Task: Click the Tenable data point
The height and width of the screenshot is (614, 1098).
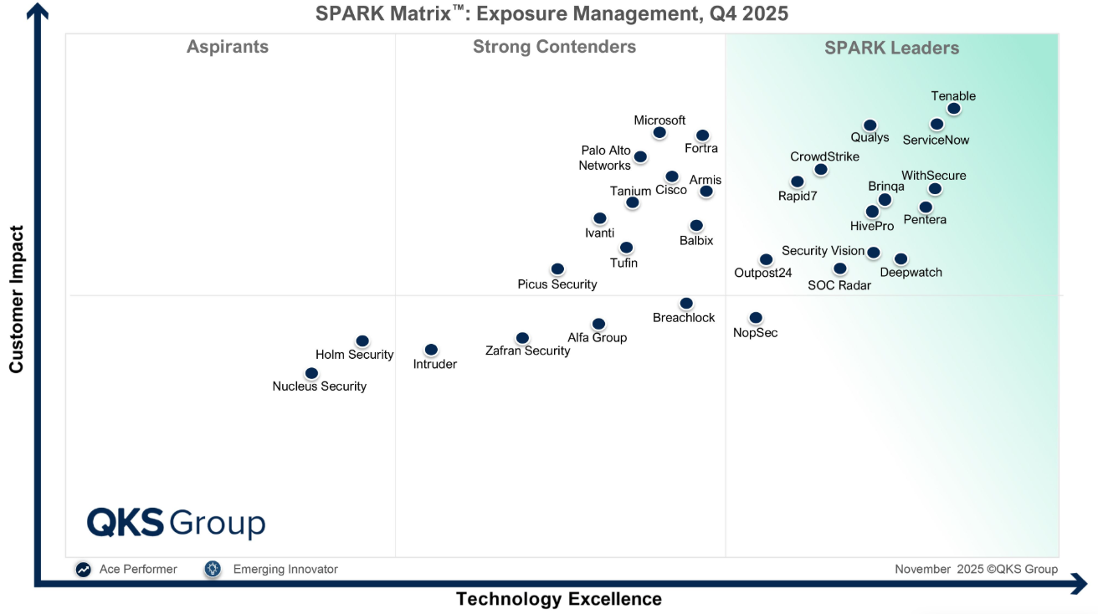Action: click(x=953, y=109)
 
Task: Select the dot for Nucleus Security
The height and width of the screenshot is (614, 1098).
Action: click(x=311, y=373)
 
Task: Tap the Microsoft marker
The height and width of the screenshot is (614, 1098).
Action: click(x=659, y=132)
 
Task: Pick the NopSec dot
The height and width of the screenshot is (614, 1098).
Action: click(x=756, y=318)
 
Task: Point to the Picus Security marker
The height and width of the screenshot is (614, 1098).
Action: click(x=557, y=269)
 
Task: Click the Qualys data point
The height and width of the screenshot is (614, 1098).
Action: click(x=870, y=125)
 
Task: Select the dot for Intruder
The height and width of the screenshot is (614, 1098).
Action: click(x=431, y=350)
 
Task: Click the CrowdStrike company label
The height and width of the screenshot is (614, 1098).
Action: click(x=824, y=156)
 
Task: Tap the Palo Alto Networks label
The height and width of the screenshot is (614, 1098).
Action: click(x=605, y=158)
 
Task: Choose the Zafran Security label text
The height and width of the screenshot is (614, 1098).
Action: click(x=527, y=351)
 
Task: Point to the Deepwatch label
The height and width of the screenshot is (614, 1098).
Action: click(x=911, y=273)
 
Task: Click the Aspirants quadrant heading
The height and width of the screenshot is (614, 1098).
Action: click(x=228, y=47)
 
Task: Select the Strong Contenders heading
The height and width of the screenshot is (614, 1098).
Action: click(x=554, y=47)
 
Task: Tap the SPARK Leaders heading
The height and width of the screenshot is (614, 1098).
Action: click(x=891, y=48)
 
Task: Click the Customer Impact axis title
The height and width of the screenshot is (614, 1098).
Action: click(x=17, y=299)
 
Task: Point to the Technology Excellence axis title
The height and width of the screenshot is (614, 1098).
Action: click(x=558, y=599)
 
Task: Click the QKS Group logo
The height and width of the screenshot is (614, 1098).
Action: click(x=176, y=523)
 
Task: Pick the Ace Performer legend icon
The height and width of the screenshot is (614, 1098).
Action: click(x=84, y=569)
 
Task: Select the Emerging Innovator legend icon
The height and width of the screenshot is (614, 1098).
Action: click(x=213, y=569)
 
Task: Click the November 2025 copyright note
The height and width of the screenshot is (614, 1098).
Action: click(x=976, y=569)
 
